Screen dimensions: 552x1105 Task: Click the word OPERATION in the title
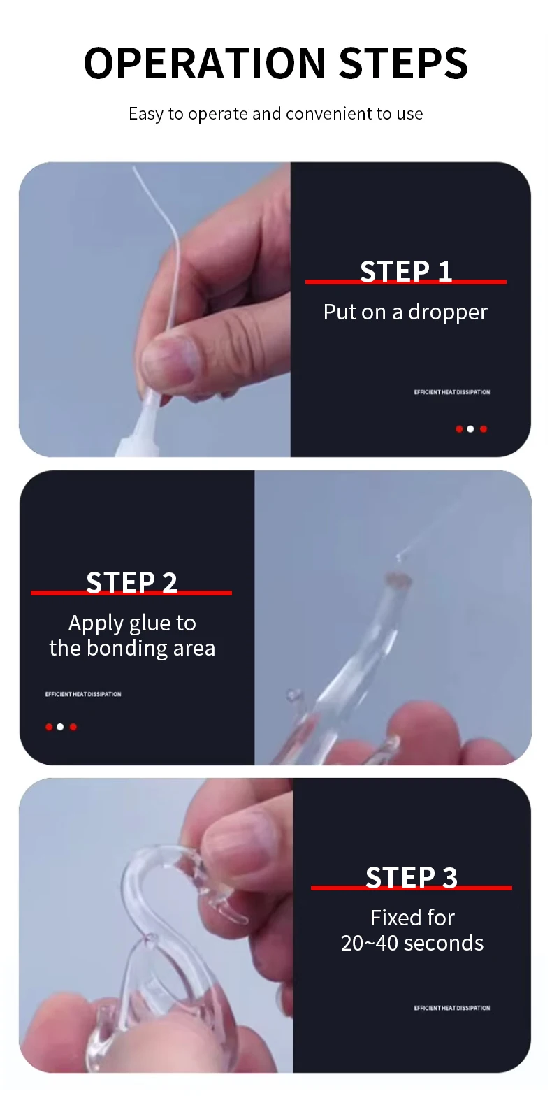coord(205,63)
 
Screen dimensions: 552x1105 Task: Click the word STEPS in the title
coord(403,63)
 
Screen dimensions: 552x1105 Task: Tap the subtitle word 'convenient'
coord(329,113)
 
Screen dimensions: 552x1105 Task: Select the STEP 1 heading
coord(406,271)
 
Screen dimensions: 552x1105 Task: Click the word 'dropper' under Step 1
coord(447,312)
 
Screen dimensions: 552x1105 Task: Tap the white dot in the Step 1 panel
coord(470,429)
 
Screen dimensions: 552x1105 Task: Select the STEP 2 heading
coord(131,582)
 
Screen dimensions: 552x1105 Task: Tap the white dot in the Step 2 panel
coord(60,727)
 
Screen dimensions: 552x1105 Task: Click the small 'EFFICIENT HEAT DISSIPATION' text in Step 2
coord(83,694)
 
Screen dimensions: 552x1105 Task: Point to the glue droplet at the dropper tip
coord(398,558)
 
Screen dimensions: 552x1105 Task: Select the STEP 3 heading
coord(412,878)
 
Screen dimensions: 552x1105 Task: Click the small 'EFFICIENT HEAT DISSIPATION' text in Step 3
coord(452,1008)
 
